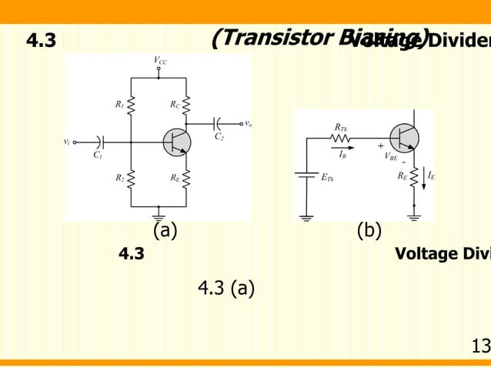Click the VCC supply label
click(x=160, y=60)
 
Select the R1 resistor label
click(x=119, y=104)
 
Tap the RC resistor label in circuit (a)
click(x=175, y=104)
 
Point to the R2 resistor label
click(x=119, y=178)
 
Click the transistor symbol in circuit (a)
click(x=177, y=142)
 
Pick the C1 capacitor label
click(x=98, y=155)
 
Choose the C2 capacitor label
click(x=219, y=136)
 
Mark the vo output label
click(x=248, y=123)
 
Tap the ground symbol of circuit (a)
click(x=159, y=211)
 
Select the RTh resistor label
click(x=340, y=127)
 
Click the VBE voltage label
click(x=391, y=156)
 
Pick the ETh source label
click(x=327, y=177)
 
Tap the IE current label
click(x=431, y=176)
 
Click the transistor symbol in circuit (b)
click(x=404, y=138)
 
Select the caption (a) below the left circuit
click(x=165, y=230)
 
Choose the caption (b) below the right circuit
click(x=369, y=230)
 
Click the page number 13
click(x=480, y=347)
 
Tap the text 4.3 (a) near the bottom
click(x=226, y=289)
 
